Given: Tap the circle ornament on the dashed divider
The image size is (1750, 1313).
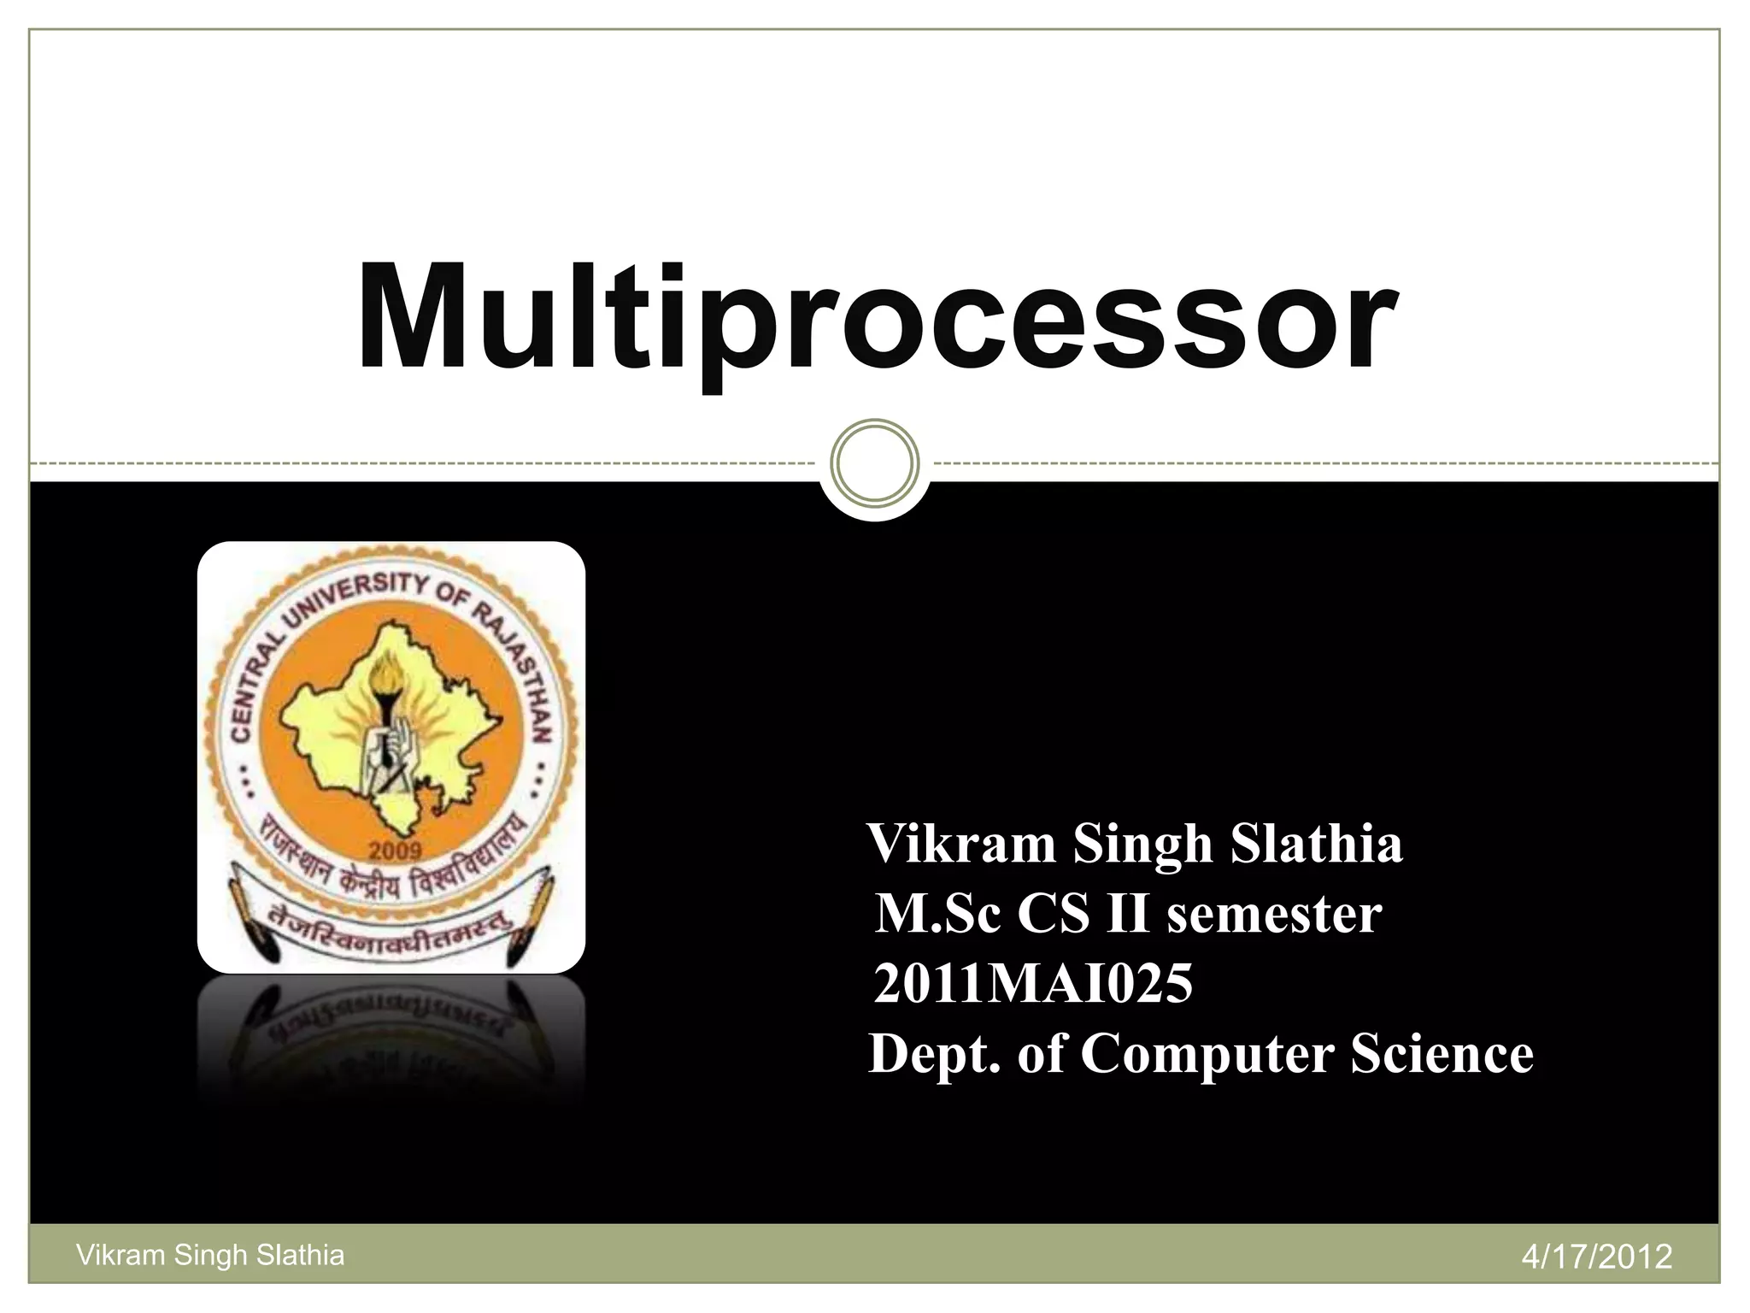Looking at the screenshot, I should (874, 462).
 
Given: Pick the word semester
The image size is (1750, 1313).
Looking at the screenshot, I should (1274, 915).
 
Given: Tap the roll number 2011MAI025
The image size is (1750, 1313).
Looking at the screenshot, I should (1032, 983).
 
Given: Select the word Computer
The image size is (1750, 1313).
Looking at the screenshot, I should (1207, 1055).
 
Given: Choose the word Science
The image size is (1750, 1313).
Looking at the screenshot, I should (1442, 1053).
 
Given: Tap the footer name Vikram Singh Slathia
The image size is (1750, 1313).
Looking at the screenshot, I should (210, 1255).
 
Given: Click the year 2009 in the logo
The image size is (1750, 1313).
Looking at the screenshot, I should (395, 851).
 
